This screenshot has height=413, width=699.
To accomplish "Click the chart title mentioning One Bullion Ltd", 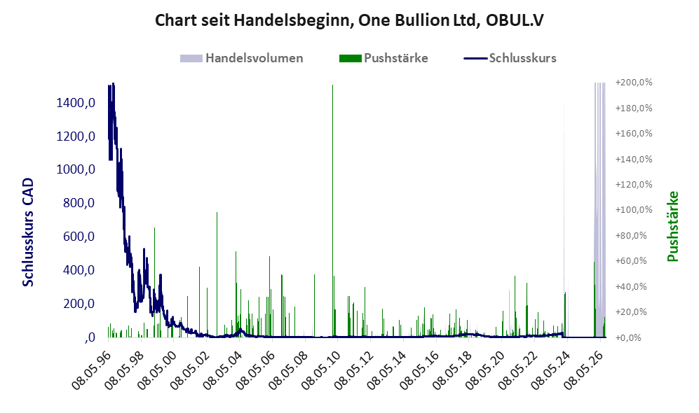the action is (x=349, y=20).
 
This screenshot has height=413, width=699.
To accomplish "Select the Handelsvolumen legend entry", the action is (x=242, y=58).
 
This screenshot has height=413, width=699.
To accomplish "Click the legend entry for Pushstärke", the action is (x=384, y=58).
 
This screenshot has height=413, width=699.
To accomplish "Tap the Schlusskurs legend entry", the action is (x=510, y=58).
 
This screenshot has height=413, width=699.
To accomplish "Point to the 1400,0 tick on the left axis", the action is (x=76, y=103).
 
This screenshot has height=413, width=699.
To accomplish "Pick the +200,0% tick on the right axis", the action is (x=634, y=83).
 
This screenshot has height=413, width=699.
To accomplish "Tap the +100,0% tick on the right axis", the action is (x=634, y=209).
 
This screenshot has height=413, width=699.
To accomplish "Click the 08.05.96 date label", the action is (x=91, y=370).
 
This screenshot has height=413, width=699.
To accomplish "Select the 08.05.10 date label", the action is (x=321, y=370).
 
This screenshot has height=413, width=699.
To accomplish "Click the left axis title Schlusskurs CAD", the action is (x=28, y=232).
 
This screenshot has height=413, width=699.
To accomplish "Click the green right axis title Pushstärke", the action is (x=672, y=227).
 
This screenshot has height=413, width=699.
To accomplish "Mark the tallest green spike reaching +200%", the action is (x=332, y=211).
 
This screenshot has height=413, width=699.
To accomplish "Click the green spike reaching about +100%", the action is (x=217, y=274).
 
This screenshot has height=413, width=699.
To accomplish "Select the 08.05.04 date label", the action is (x=222, y=370).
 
